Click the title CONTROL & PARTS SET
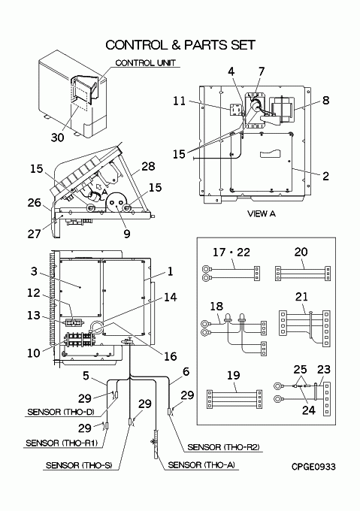[x=180, y=45]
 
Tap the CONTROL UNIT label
[x=145, y=63]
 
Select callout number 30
[x=57, y=138]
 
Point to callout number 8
[x=325, y=100]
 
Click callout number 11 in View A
[x=179, y=101]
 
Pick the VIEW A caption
[x=262, y=213]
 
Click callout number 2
[x=325, y=176]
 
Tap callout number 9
[x=127, y=234]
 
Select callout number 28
[x=148, y=166]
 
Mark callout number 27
[x=34, y=234]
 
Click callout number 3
[x=34, y=271]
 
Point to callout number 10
[x=34, y=353]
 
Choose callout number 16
[x=170, y=356]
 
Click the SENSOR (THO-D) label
[x=61, y=412]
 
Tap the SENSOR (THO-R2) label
[x=223, y=447]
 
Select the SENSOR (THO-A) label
[x=201, y=465]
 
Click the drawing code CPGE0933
[x=313, y=467]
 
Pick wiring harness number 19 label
[x=233, y=376]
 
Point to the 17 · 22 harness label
[x=231, y=252]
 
